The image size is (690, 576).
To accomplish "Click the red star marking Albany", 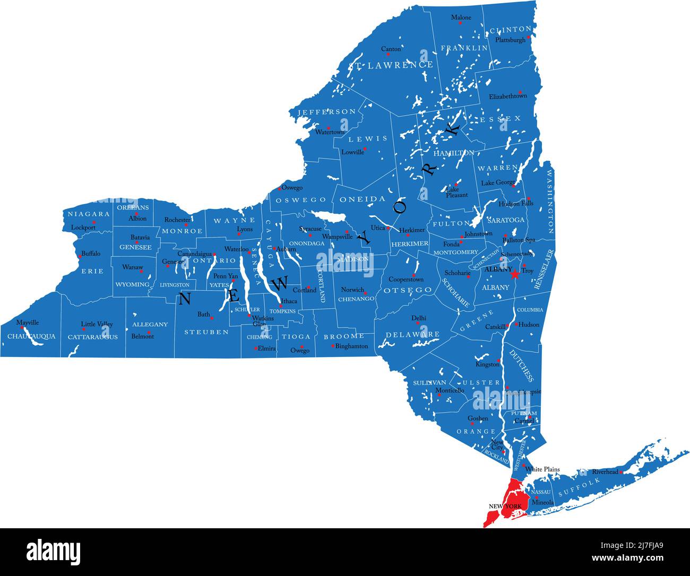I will pos(514,274).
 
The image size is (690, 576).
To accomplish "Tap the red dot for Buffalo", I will pos(80,257).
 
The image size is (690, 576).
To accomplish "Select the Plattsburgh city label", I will pos(510,40).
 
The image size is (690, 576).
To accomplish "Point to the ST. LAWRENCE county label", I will pos(391,65).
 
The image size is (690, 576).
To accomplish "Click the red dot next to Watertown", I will pos(329,128).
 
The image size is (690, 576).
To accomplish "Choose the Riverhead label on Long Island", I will pos(605,472).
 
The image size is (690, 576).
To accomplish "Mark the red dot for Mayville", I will pos(22,327).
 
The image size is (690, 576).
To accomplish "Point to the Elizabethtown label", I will pos(508,97).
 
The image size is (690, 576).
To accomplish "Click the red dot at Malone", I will pos(461,23).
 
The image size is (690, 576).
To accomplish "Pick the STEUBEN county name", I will pos(206,333).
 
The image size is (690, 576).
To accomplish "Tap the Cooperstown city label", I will pos(406,280).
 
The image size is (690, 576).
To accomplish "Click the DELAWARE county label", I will pos(412,335).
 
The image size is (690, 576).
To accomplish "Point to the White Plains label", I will pos(542,469).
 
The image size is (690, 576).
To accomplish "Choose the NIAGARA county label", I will pos(89,214).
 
